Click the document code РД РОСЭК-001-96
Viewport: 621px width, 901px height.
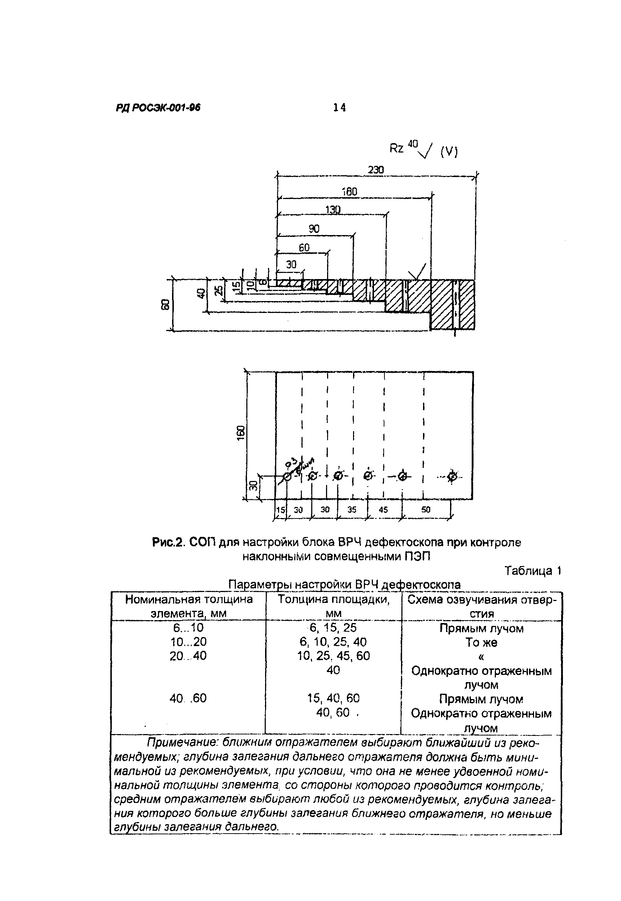click(x=158, y=108)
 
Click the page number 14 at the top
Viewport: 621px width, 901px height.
click(x=339, y=107)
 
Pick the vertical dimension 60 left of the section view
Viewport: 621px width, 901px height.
click(x=166, y=305)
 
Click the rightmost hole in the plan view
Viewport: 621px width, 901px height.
click(x=452, y=476)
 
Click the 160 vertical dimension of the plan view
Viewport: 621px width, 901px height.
click(x=241, y=433)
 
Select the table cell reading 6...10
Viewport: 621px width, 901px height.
click(x=188, y=628)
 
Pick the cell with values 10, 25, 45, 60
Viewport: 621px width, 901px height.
click(x=333, y=656)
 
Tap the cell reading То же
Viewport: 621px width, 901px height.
click(x=481, y=642)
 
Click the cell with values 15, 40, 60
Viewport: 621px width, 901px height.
click(x=333, y=698)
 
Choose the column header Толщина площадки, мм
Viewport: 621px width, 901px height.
click(x=333, y=606)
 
